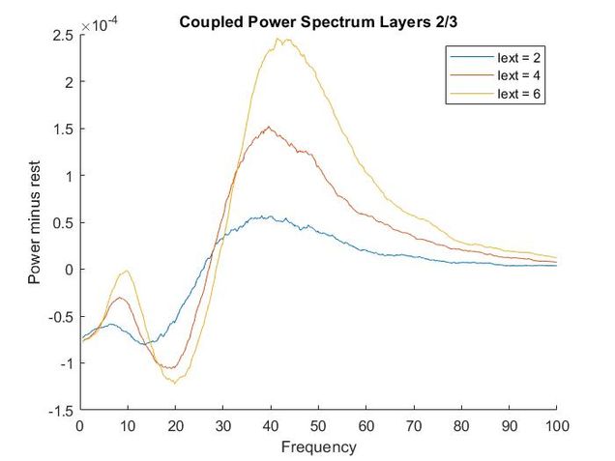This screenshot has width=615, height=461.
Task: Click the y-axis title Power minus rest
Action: (35, 221)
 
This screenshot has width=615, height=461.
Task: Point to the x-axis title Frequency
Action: (318, 447)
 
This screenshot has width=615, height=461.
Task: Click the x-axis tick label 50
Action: (318, 426)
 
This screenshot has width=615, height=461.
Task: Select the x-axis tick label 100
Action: (556, 426)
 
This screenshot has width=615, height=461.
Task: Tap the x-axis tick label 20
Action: (175, 426)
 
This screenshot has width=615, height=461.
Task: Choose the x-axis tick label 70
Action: (413, 426)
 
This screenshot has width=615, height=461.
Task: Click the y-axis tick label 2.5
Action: (63, 35)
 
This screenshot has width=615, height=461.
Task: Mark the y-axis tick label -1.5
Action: (61, 411)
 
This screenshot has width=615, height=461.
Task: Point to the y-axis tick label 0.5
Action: (63, 222)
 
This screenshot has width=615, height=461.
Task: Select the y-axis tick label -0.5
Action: (61, 317)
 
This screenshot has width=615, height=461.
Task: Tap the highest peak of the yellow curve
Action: (278, 40)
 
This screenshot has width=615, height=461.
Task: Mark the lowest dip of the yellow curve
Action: (175, 384)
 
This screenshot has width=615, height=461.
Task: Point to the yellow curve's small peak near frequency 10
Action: (125, 272)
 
